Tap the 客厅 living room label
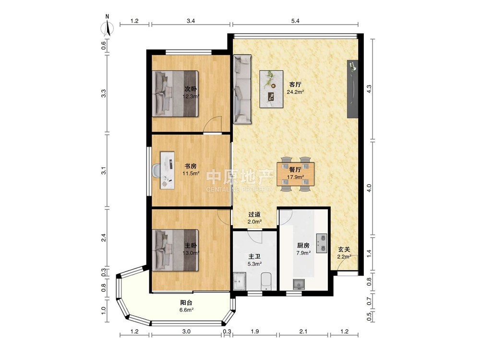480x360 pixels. tap(295, 84)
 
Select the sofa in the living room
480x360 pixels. tap(242, 89)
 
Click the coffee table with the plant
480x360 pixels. tap(271, 89)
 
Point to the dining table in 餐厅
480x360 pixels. tap(295, 174)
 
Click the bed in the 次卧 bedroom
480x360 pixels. tap(175, 94)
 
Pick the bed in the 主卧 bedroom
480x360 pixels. tap(175, 250)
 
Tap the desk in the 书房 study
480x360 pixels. tap(168, 169)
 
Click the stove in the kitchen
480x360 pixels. tap(321, 244)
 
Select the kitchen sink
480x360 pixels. tap(299, 284)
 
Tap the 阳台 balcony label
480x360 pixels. tap(186, 303)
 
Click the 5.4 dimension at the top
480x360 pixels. tap(295, 21)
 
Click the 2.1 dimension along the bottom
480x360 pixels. tap(303, 331)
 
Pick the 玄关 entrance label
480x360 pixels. tap(344, 250)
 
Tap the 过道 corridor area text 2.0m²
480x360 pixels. tap(254, 222)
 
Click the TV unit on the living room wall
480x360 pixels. tap(352, 89)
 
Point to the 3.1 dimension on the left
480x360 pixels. tap(104, 171)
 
